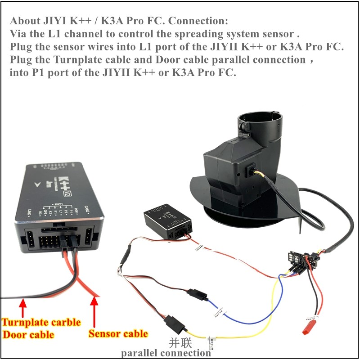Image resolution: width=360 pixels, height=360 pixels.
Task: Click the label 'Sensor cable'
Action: (118, 333)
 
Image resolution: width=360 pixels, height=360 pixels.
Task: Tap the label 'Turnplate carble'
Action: (41, 322)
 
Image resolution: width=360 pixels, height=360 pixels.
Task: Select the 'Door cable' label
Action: (28, 335)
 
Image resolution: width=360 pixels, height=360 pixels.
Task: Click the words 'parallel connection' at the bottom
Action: (166, 353)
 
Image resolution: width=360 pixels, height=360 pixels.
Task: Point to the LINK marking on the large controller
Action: (29, 211)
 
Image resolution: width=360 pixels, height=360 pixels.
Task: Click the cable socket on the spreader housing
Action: (250, 172)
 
